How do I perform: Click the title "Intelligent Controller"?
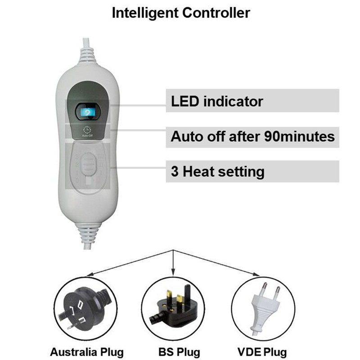pos(181,13)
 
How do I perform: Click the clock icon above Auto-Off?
pos(87,130)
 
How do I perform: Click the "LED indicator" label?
pos(217,101)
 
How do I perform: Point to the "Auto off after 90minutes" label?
pos(252,137)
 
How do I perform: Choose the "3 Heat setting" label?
pos(218,172)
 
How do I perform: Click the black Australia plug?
pos(85,308)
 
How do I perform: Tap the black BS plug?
pos(173,306)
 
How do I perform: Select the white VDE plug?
pos(266,308)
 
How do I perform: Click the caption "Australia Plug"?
pos(87,352)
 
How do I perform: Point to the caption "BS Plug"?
pos(179,352)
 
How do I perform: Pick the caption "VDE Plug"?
pos(262,352)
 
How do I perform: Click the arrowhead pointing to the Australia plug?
pos(90,274)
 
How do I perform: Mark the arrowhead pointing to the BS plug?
pos(173,272)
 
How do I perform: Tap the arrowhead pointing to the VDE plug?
pos(256,274)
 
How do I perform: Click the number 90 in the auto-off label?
pos(272,136)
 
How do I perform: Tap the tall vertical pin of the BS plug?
pos(188,295)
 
